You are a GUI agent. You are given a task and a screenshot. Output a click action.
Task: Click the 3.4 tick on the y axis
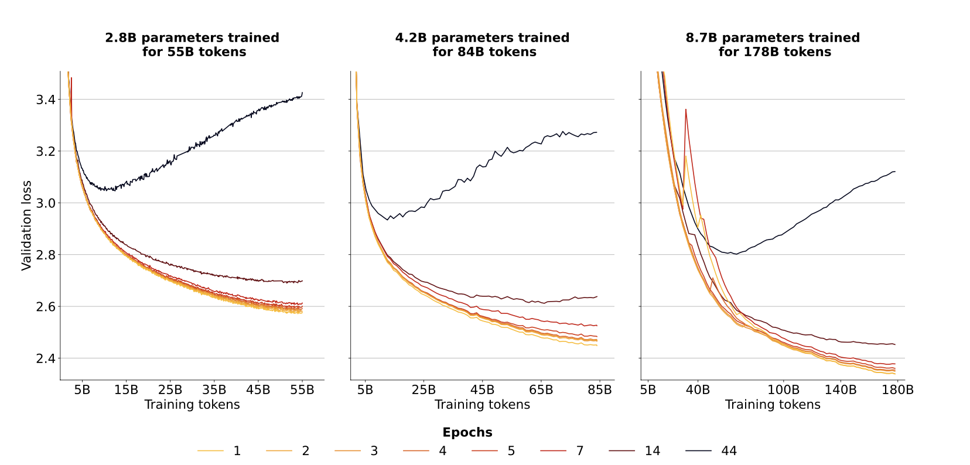click(46, 100)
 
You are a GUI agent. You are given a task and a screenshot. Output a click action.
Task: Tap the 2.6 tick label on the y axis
click(46, 307)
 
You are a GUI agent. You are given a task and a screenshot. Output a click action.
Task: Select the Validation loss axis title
click(26, 225)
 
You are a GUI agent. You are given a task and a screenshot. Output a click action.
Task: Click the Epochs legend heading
click(467, 432)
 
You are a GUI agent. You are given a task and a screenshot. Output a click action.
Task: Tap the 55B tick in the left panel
click(302, 390)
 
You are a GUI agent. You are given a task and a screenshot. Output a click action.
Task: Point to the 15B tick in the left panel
click(126, 390)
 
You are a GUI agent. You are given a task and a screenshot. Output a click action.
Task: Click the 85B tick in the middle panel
click(600, 390)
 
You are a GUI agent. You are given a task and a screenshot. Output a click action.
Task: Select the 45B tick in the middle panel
click(483, 390)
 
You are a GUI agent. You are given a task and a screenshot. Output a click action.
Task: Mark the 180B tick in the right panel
click(897, 390)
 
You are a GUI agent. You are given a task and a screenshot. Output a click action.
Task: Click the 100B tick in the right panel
click(783, 390)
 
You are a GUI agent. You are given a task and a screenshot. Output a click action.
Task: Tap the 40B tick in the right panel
click(698, 390)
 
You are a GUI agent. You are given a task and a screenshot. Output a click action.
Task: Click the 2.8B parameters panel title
click(192, 45)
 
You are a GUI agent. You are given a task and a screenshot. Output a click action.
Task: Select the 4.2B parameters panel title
click(482, 45)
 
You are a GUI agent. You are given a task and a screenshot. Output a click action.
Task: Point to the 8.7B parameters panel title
click(773, 45)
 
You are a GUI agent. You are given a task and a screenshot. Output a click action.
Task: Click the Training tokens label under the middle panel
click(482, 405)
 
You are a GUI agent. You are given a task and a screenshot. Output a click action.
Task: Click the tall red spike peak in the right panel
click(685, 110)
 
